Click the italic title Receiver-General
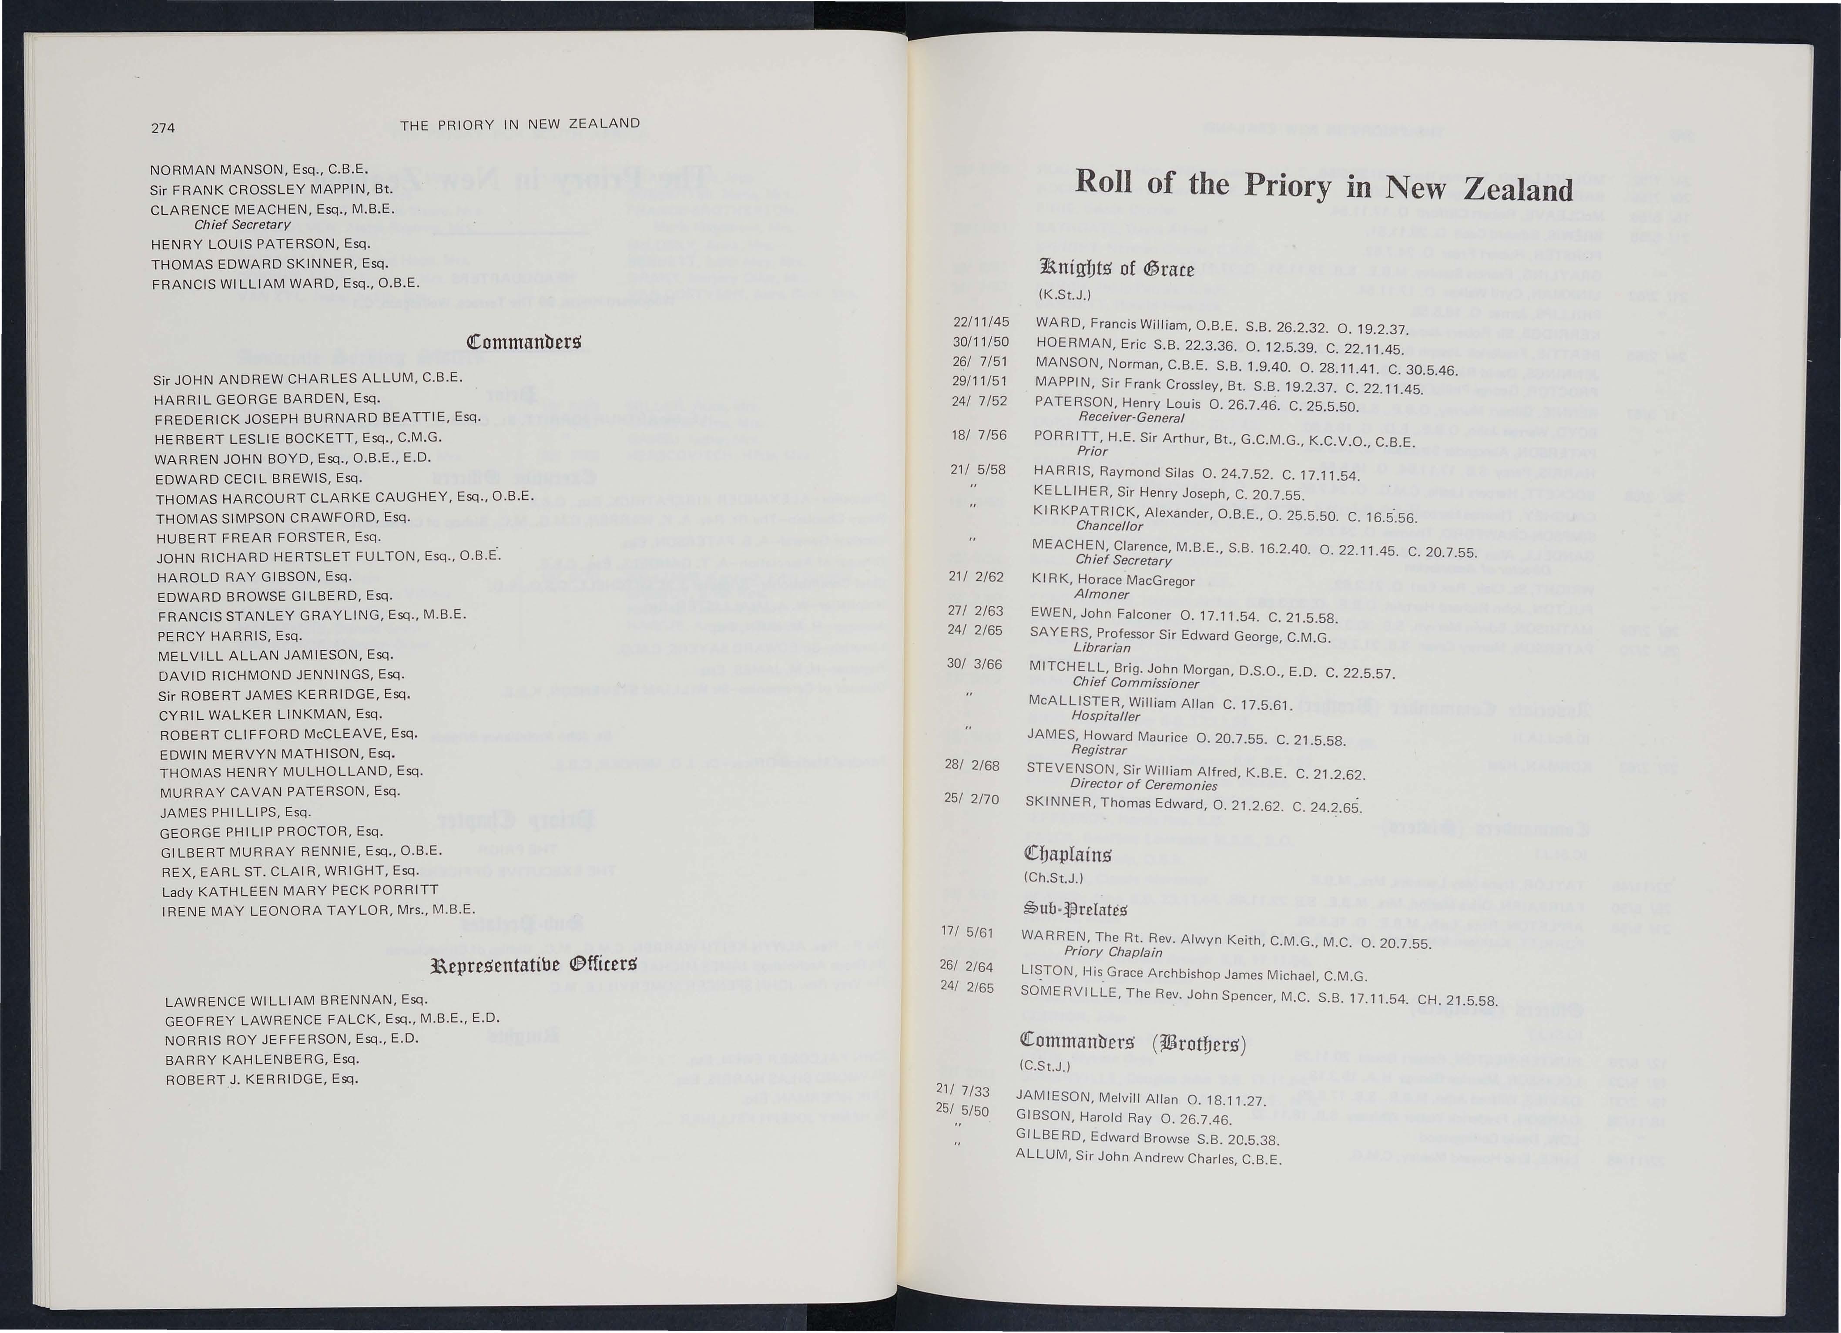pos(1131,417)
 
